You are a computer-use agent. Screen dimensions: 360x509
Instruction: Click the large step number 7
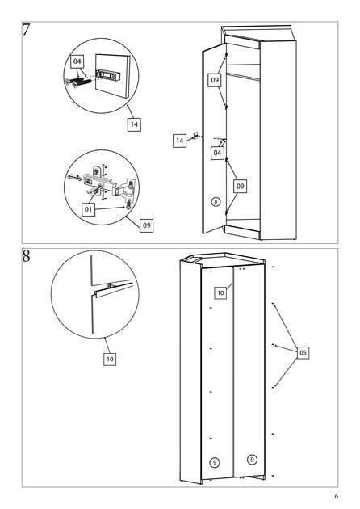point(26,30)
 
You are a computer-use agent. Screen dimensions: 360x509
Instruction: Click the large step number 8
point(26,256)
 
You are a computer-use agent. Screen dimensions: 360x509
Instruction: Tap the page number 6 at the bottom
point(337,496)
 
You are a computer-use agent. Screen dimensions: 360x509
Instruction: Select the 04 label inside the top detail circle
point(77,61)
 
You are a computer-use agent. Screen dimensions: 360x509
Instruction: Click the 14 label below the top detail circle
point(134,124)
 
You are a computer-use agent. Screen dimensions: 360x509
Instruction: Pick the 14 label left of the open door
point(179,141)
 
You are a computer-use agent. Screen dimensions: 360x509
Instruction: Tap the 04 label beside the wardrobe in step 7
point(217,152)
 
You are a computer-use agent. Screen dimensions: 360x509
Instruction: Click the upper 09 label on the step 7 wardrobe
point(215,80)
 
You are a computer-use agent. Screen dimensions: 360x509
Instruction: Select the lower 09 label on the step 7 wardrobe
point(240,187)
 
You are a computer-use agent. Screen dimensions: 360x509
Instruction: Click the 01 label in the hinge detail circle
point(88,210)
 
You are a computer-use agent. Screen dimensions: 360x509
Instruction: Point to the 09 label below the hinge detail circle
point(147,225)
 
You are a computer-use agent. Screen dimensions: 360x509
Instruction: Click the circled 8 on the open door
point(216,202)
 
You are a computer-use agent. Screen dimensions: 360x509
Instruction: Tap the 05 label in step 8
point(303,353)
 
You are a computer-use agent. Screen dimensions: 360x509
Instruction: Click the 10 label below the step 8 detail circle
point(110,359)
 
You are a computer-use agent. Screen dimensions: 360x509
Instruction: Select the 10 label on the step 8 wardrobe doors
point(220,292)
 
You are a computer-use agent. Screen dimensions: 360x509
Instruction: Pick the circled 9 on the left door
point(215,462)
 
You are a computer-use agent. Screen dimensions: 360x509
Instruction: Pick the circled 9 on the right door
point(252,460)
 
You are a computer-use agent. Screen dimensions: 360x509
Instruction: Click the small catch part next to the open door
point(195,135)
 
